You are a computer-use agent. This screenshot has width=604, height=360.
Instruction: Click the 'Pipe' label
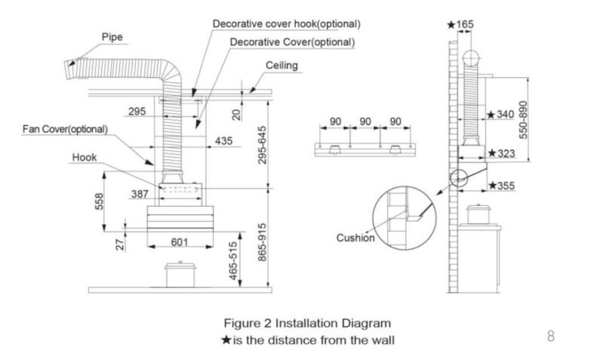pos(112,36)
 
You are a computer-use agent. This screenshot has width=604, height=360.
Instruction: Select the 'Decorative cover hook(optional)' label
pos(286,24)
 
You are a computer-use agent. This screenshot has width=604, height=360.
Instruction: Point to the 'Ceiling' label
pos(282,66)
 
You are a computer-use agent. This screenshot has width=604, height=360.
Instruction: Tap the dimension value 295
pos(137,112)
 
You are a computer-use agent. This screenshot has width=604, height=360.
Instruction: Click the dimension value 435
pos(224,141)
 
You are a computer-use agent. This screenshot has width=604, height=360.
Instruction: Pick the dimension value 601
pos(179,242)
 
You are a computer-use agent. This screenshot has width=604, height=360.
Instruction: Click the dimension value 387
pos(140,194)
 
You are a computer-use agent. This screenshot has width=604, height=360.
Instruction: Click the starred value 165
pos(461,25)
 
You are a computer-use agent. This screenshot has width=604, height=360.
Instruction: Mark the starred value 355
pos(502,185)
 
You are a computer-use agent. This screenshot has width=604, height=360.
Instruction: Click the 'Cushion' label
pos(356,238)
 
